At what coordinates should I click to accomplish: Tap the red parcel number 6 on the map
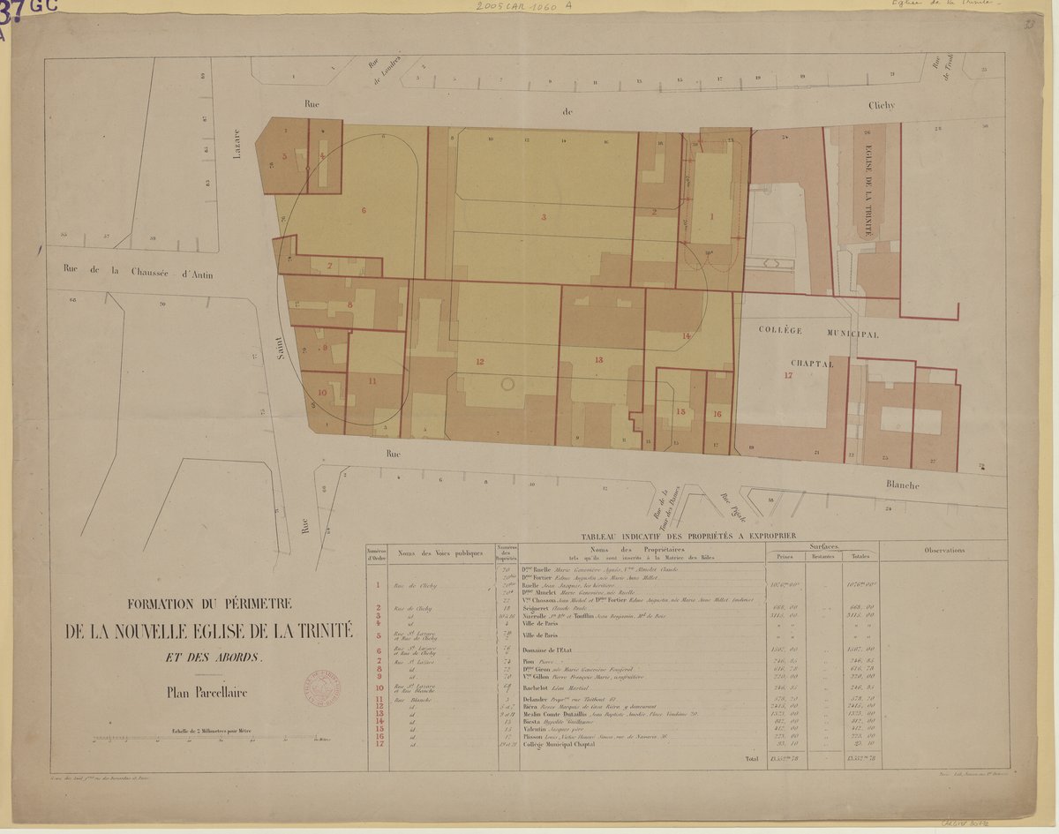click(363, 211)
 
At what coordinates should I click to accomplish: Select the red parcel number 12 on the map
click(480, 361)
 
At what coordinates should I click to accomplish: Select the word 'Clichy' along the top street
click(880, 105)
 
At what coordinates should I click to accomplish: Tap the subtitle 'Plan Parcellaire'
click(207, 693)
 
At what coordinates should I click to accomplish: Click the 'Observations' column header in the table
click(943, 550)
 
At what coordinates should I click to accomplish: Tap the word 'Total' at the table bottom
click(751, 758)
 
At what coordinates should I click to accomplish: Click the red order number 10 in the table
click(377, 687)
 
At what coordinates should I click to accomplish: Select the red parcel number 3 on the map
click(544, 216)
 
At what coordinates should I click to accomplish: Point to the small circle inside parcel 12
click(507, 384)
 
